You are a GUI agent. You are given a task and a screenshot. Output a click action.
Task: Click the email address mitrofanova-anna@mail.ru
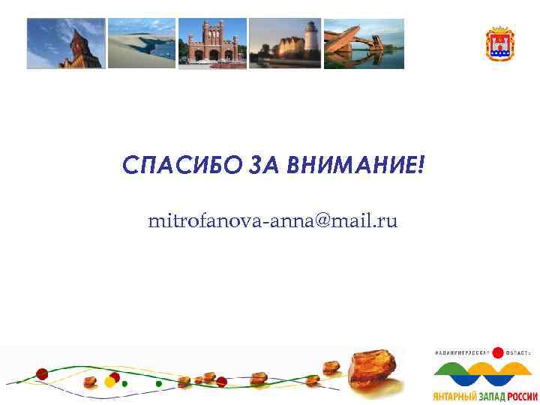click(273, 221)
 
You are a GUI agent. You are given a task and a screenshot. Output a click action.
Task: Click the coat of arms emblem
click(499, 43)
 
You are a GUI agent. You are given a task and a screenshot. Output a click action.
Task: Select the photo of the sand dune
click(142, 43)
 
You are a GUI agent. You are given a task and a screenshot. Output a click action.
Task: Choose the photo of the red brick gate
click(212, 43)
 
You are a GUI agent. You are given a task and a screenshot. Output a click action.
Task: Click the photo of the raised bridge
click(364, 43)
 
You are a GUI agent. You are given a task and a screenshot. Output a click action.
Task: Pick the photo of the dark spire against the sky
click(66, 43)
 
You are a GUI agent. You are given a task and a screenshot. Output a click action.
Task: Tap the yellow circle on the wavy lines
click(109, 382)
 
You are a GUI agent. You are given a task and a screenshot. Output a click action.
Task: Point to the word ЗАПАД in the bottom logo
click(490, 396)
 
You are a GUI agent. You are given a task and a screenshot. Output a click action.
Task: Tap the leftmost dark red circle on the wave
click(42, 373)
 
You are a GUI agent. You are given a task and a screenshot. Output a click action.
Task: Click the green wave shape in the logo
click(458, 372)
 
